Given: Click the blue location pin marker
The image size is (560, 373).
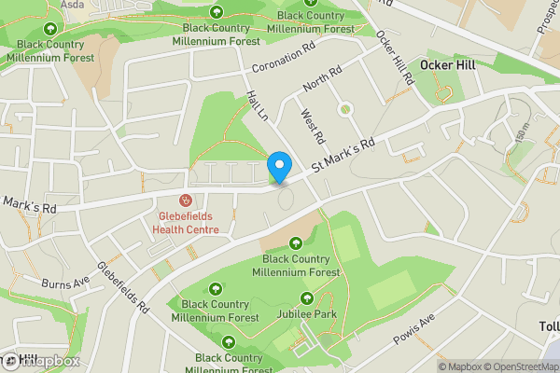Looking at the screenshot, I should pos(278,168).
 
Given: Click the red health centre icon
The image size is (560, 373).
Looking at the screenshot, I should pos(186,200).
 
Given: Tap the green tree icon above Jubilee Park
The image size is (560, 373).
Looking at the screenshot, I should pos(307,298).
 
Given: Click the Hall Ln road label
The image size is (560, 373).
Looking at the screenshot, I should pos(257,105).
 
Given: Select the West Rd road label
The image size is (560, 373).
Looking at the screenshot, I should pos(312,126).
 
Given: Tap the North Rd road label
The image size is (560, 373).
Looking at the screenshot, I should pos(322,82).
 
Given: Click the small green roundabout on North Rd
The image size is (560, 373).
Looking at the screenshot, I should pos(345,109).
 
